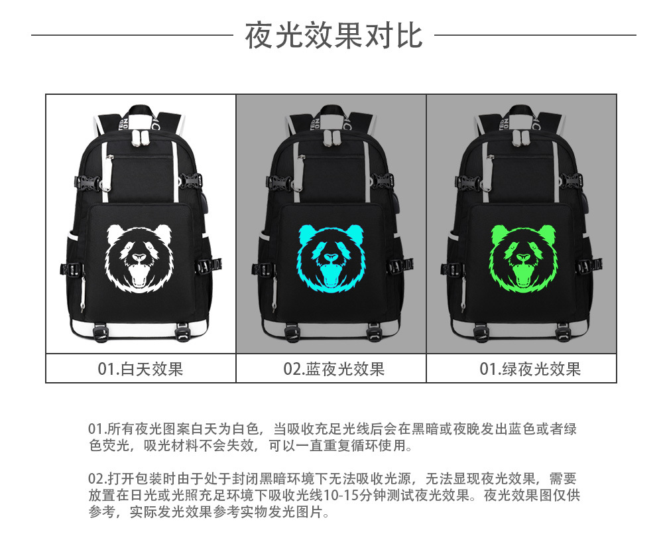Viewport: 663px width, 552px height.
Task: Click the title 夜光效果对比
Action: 333,35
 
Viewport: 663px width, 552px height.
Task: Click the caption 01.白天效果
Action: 141,369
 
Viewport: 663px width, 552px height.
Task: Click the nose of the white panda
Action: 139,258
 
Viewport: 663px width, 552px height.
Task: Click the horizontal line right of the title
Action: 534,35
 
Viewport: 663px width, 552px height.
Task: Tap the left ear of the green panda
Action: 498,234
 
